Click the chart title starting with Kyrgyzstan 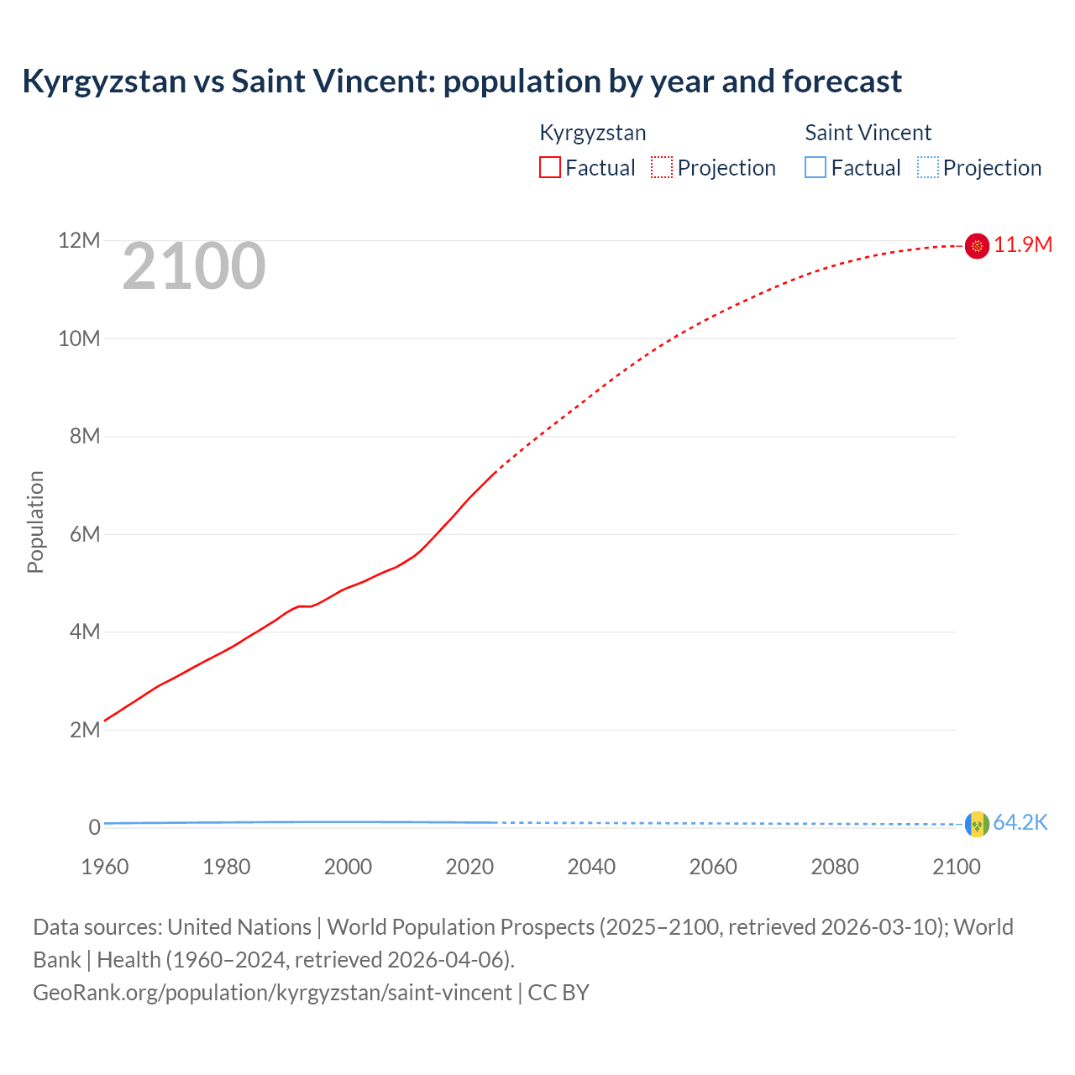click(461, 81)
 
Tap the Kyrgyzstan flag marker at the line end click(977, 245)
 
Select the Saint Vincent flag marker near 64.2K click(977, 824)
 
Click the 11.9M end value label click(1022, 244)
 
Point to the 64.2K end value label click(1020, 823)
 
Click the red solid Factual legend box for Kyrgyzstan click(549, 167)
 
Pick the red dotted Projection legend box click(662, 167)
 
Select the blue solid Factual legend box click(815, 167)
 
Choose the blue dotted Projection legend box click(927, 167)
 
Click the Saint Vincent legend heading click(868, 133)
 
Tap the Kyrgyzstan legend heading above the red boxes click(592, 133)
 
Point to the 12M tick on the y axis click(79, 241)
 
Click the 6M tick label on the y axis click(84, 534)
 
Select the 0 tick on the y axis click(94, 827)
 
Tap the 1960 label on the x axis click(105, 867)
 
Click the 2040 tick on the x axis click(591, 867)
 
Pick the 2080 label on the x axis click(834, 867)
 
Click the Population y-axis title click(35, 522)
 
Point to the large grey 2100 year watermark click(194, 267)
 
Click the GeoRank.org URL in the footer click(272, 992)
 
